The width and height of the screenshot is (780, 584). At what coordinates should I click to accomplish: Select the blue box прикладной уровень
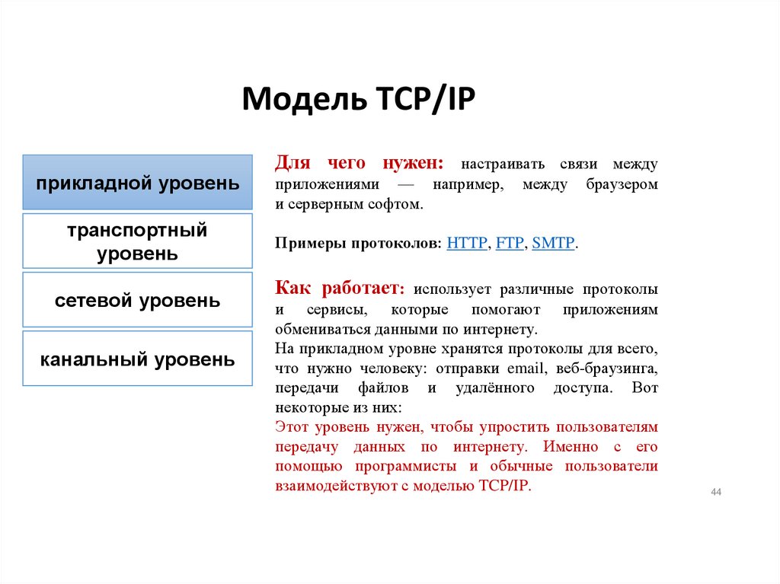137,183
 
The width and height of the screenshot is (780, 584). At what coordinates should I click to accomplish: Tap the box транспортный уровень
137,241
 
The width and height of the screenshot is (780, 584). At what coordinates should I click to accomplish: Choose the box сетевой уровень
137,300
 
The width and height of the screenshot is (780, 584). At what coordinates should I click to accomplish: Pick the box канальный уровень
137,359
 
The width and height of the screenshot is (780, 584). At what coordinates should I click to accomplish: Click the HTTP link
468,244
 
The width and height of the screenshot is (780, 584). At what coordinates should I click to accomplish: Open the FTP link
510,244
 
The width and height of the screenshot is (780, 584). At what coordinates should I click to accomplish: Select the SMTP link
554,244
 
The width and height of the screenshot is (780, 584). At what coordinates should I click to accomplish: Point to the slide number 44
716,493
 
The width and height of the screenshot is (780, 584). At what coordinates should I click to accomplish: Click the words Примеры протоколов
357,244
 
